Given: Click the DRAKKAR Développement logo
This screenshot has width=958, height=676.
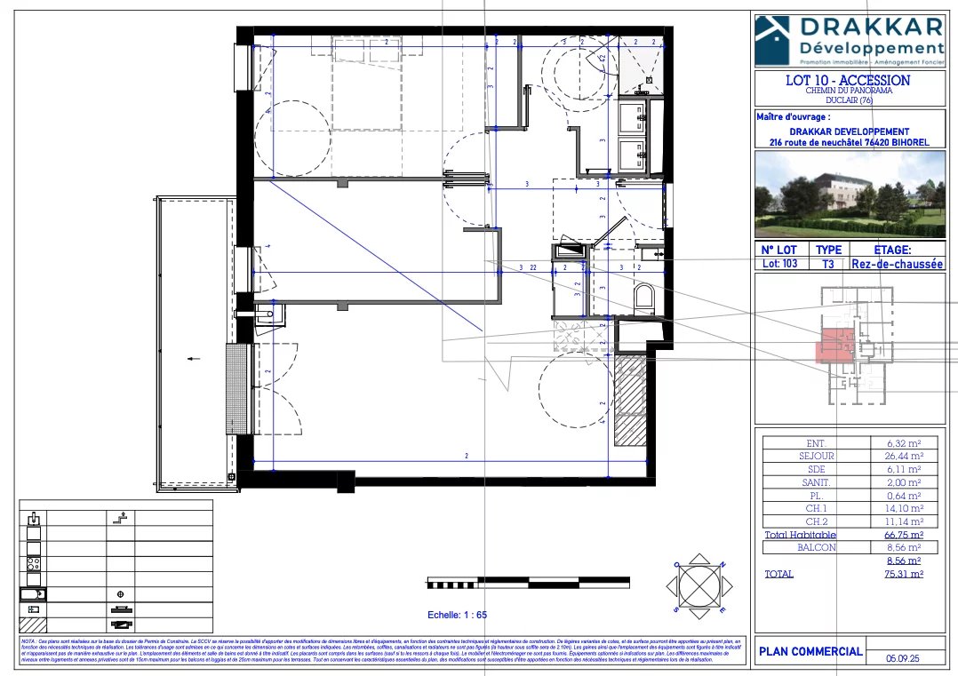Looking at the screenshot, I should [x=848, y=40].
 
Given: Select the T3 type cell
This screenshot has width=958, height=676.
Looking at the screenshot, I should [x=828, y=264].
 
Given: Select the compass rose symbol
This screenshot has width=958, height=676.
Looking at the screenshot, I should [x=702, y=586].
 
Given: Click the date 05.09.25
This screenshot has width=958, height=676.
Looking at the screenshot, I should [x=904, y=659].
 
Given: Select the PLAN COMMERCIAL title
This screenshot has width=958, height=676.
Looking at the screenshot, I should [x=810, y=651].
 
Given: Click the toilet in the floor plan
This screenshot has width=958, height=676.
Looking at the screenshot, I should [x=644, y=298].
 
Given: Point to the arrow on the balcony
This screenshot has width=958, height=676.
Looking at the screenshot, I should [x=194, y=359].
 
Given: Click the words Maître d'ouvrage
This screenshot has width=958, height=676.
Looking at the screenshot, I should [x=793, y=116].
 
